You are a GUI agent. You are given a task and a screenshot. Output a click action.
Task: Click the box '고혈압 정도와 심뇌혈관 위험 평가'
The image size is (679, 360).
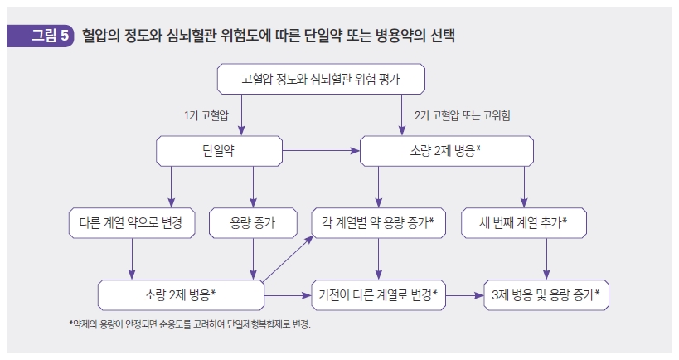pyautogui.click(x=322, y=80)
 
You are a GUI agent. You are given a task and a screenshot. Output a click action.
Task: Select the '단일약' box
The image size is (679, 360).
pyautogui.click(x=219, y=151)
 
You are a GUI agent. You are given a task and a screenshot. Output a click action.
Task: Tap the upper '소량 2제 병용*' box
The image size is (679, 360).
pyautogui.click(x=446, y=151)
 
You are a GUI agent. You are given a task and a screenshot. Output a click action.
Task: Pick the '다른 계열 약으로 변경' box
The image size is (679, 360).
pyautogui.click(x=132, y=222)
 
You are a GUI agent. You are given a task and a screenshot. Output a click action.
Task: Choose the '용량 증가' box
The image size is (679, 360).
pyautogui.click(x=252, y=222)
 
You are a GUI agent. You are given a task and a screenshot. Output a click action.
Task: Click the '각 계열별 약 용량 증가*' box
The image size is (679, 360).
pyautogui.click(x=378, y=222)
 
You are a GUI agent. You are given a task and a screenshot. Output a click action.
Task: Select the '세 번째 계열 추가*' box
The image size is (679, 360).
pyautogui.click(x=523, y=222)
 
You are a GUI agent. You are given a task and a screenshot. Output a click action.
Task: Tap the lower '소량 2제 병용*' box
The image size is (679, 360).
pyautogui.click(x=180, y=294)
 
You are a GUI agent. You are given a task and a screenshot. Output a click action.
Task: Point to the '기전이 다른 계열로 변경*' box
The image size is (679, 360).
pyautogui.click(x=379, y=294)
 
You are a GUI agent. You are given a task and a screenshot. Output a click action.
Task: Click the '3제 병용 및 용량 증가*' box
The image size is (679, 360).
pyautogui.click(x=546, y=294)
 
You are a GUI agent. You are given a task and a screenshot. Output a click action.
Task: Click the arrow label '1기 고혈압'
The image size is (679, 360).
pyautogui.click(x=206, y=114)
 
